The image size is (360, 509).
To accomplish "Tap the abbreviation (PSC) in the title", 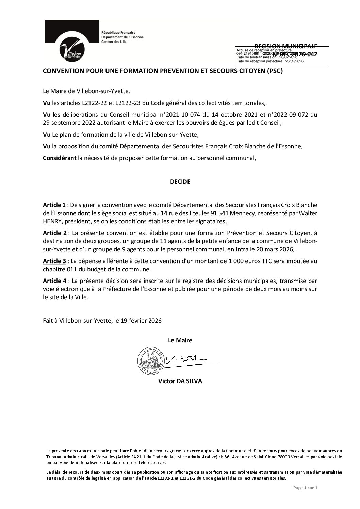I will coord(275,71).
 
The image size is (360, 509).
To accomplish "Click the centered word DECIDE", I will coord(180,182).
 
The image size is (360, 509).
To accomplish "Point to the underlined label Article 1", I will coord(54,205).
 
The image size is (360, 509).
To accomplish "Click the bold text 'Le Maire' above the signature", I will coord(180,340).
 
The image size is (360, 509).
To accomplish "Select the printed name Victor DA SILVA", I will coord(180,381).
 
